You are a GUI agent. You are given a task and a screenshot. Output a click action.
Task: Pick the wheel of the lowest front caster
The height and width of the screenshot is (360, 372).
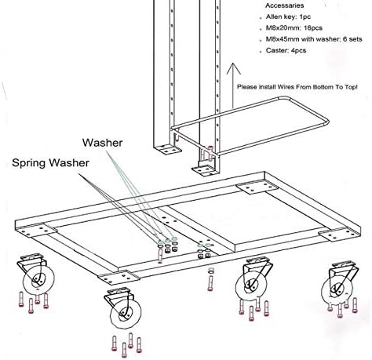[x=124, y=315]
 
